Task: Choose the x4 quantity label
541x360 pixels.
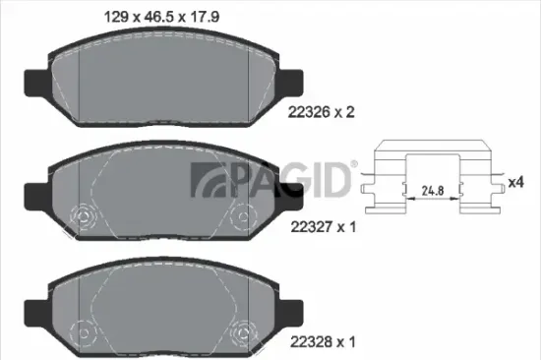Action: pos(514,183)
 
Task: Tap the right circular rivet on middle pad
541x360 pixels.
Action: pos(239,216)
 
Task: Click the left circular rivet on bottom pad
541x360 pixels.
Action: pos(83,330)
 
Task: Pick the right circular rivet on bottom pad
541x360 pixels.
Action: pos(239,330)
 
